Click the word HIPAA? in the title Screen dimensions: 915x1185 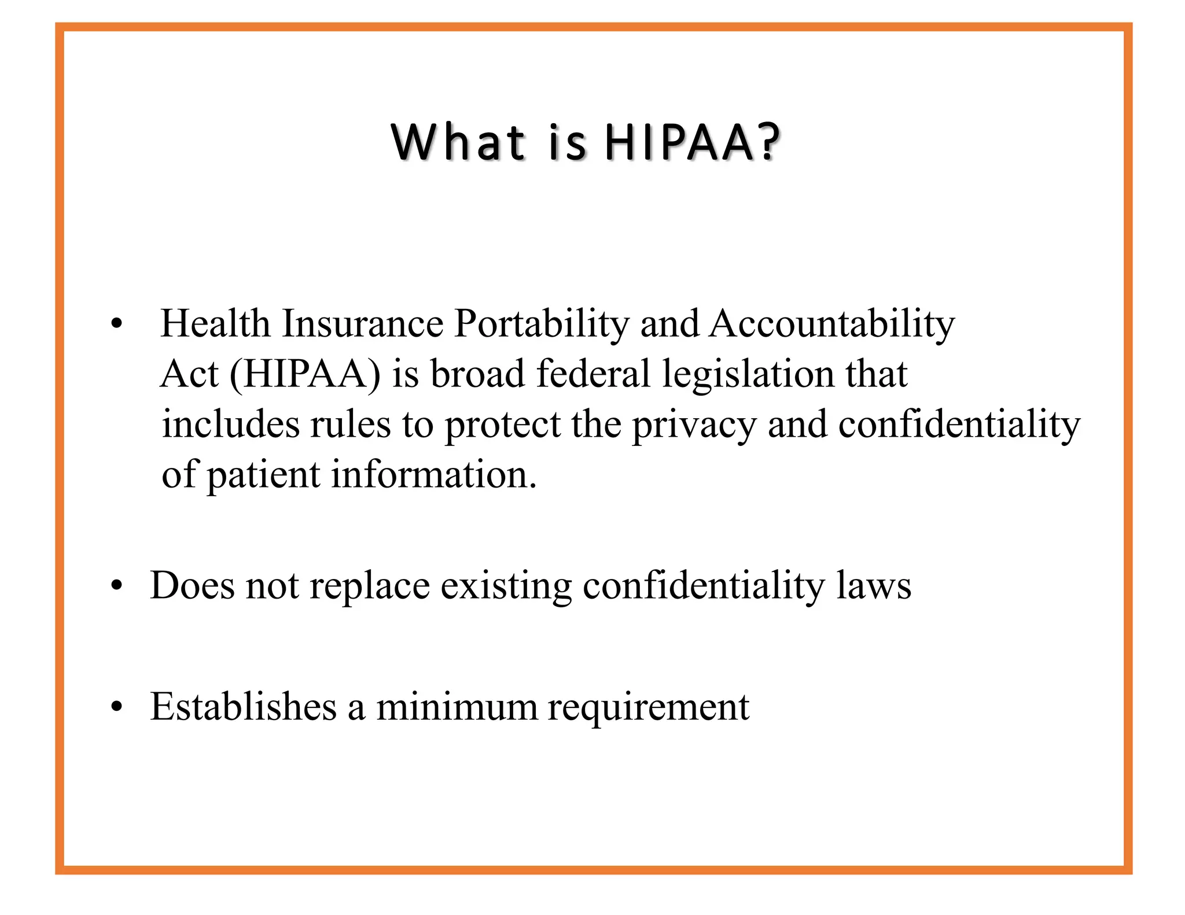click(x=692, y=142)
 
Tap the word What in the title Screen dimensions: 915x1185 click(x=458, y=142)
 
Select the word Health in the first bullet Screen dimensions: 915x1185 click(x=215, y=323)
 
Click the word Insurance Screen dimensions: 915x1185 click(x=362, y=323)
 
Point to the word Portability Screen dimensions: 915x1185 click(x=542, y=324)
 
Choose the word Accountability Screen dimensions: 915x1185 click(x=831, y=324)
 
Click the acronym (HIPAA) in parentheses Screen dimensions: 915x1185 click(x=306, y=374)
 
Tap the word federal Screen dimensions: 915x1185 click(x=593, y=374)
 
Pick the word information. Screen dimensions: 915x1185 click(x=434, y=475)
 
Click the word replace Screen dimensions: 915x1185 click(x=370, y=586)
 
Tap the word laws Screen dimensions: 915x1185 click(x=874, y=585)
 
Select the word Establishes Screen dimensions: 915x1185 click(x=243, y=707)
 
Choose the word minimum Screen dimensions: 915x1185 click(x=457, y=707)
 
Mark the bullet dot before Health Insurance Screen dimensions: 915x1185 click(x=117, y=325)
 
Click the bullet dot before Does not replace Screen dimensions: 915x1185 click(x=117, y=587)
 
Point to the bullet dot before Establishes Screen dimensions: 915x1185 click(x=117, y=708)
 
